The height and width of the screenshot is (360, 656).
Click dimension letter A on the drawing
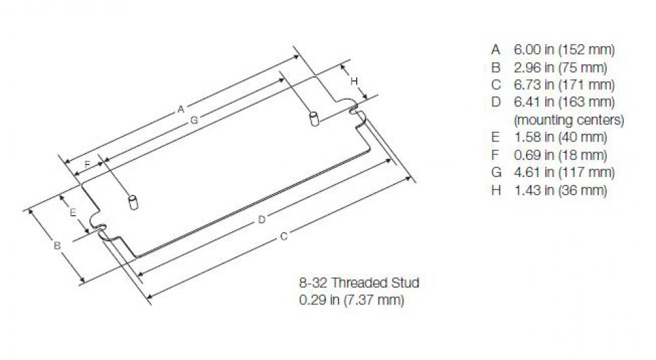coord(180,110)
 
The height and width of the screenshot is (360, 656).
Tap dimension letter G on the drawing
coord(194,120)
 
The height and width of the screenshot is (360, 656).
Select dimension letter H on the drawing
coord(354,81)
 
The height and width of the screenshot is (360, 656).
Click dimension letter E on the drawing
coord(73,212)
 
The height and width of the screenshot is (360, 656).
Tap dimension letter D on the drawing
coord(261,219)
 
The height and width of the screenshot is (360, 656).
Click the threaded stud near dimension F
coord(134,201)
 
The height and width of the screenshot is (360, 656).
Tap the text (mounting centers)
coord(569,120)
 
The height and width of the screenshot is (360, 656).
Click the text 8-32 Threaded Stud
coord(359,283)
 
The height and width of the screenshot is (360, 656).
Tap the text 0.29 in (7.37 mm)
coord(351,300)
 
